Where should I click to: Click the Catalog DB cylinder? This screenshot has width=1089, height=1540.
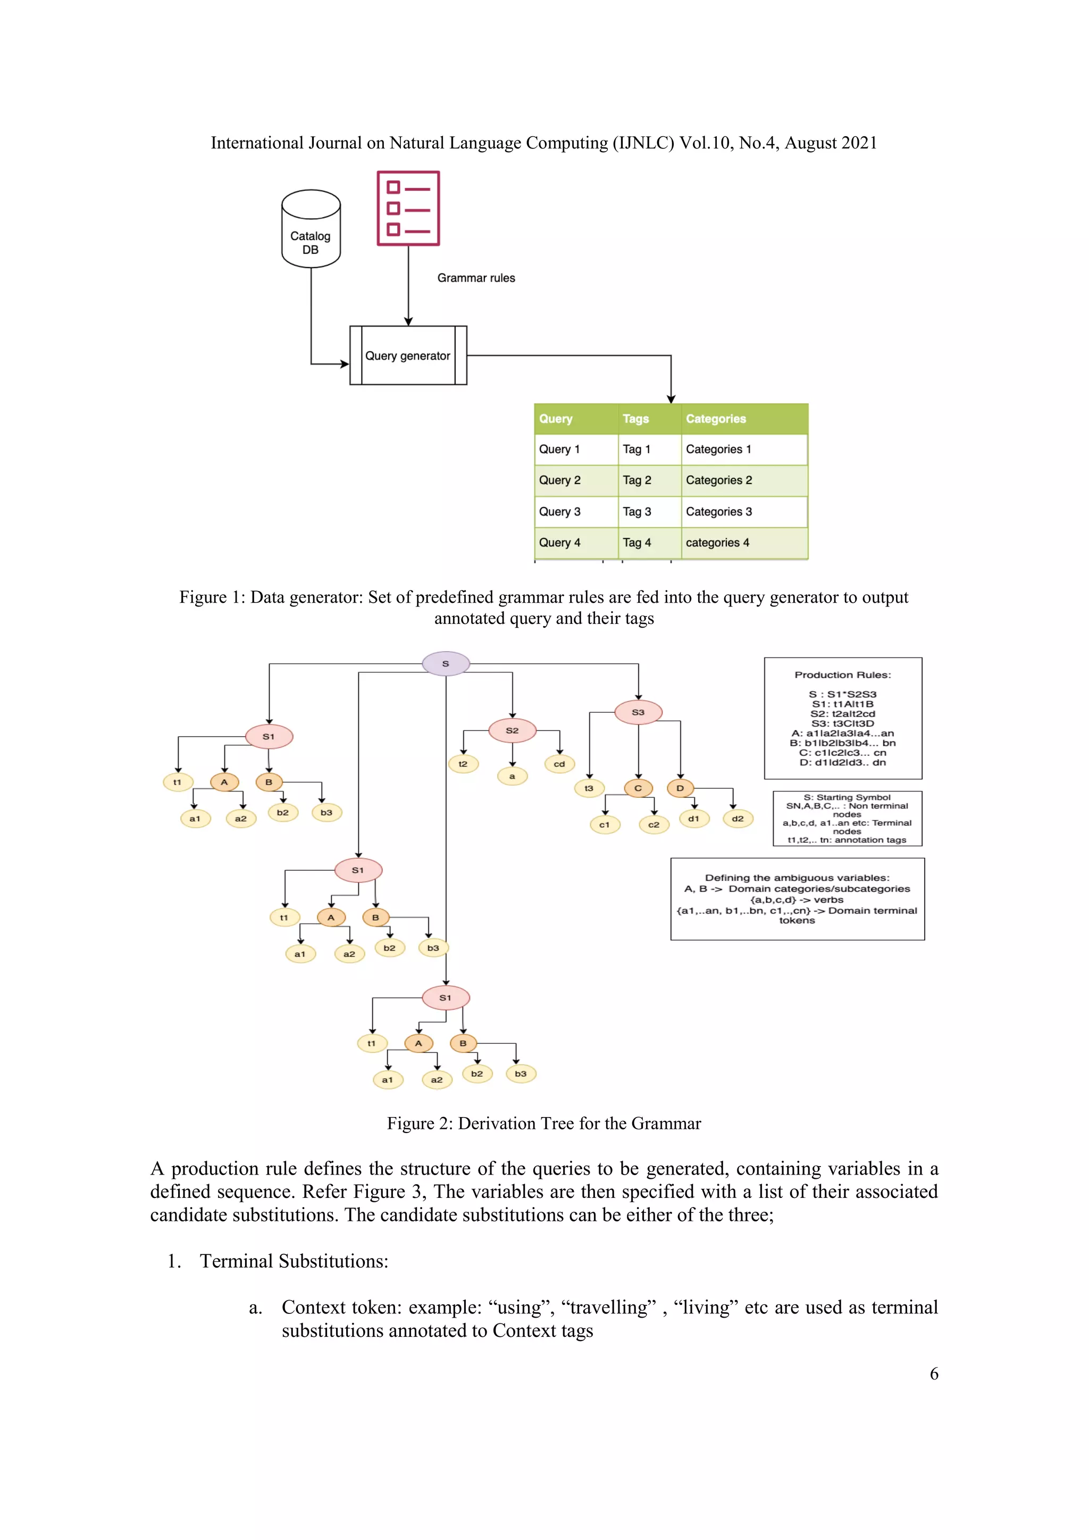coord(311,229)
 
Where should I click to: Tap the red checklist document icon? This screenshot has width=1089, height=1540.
coord(408,209)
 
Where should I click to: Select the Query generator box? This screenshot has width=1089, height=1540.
coord(408,355)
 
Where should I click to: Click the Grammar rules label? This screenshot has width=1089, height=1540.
coord(476,278)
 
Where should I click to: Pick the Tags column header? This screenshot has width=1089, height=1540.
coord(636,419)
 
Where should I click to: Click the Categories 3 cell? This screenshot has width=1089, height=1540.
coord(719,512)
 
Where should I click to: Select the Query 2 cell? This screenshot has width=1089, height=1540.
coord(560,480)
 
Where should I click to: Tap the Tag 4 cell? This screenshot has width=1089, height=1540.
coord(636,543)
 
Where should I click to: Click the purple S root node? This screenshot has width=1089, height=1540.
coord(445,663)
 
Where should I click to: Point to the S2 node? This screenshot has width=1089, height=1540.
coord(512,730)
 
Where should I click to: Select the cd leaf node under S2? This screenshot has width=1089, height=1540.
coord(559,764)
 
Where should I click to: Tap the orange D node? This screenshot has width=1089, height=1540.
coord(680,788)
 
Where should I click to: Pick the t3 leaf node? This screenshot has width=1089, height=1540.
coord(589,788)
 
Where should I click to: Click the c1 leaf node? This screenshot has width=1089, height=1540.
coord(604,825)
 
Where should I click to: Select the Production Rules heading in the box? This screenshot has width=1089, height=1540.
coord(842,675)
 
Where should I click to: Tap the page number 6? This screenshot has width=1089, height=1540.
coord(933,1373)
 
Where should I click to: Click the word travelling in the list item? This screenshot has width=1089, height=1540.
coord(612,1307)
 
